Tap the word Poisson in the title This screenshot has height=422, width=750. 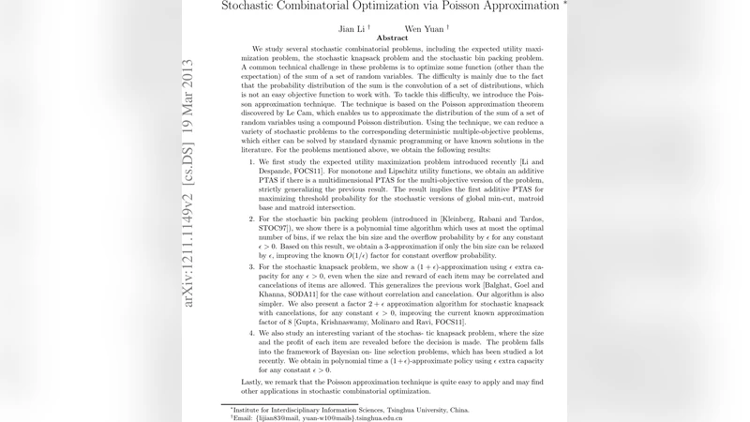(x=472, y=7)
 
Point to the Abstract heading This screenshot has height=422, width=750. (x=392, y=38)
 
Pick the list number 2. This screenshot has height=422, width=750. (x=251, y=217)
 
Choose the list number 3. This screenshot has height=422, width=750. (x=251, y=266)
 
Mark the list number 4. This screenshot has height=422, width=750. (x=251, y=330)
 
